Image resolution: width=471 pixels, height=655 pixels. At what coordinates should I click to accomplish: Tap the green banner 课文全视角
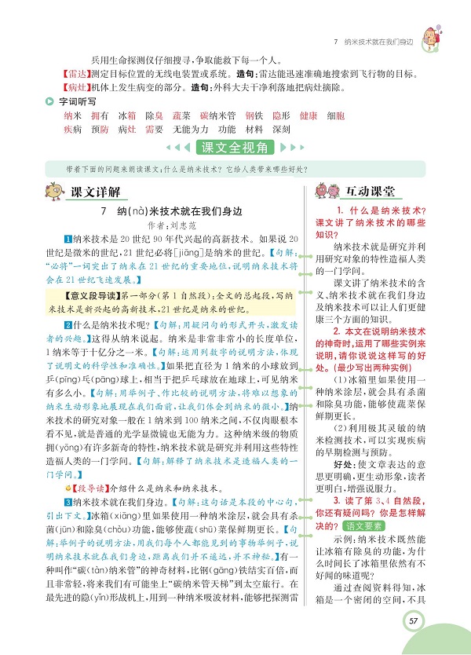235,147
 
